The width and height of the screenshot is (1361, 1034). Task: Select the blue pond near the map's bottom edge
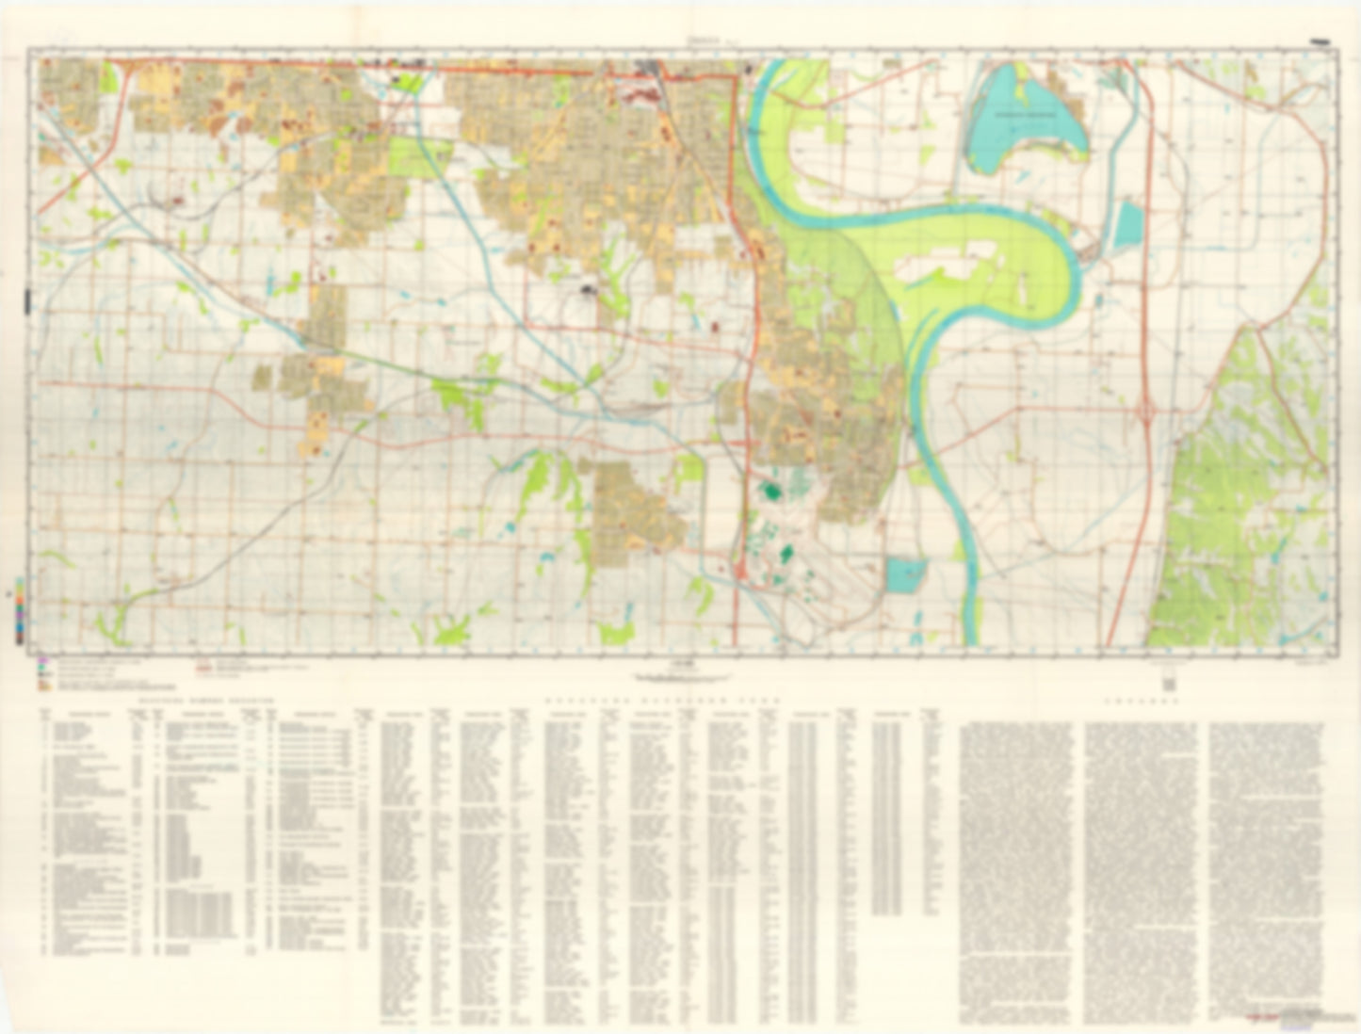pos(906,574)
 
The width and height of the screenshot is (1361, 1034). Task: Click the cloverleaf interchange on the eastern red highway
pos(1147,411)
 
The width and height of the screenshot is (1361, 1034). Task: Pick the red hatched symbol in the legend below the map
pos(203,668)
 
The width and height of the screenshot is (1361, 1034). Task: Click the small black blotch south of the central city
pos(591,290)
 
